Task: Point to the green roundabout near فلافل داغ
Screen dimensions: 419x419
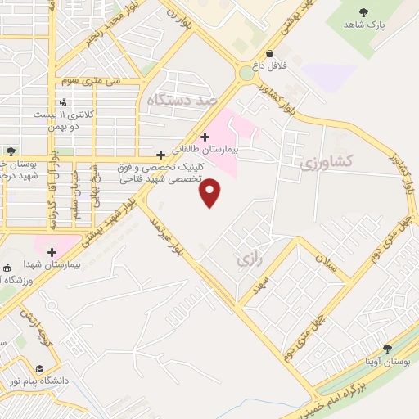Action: coord(246,74)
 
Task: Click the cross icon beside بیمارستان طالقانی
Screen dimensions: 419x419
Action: coord(204,137)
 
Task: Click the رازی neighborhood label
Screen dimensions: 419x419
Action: coord(249,259)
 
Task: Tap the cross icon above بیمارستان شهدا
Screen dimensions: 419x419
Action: coord(52,253)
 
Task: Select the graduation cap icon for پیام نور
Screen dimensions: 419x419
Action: coord(39,368)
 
